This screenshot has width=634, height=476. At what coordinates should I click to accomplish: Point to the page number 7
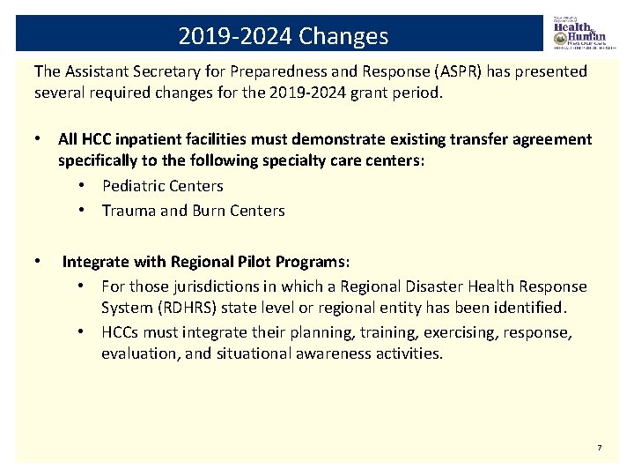point(599,449)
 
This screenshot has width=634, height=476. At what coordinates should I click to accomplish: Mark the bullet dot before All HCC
point(40,139)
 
